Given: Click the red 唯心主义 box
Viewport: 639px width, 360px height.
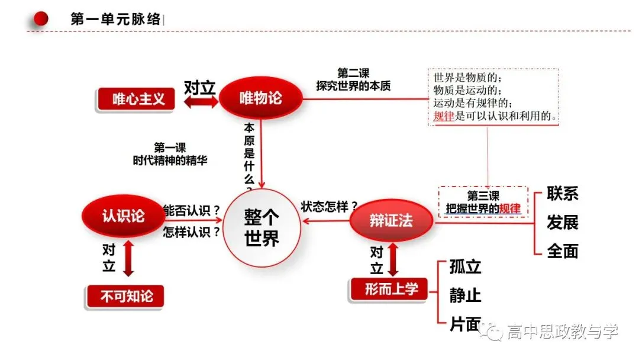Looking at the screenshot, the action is click(136, 99).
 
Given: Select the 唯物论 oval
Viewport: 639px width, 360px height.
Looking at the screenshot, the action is click(261, 98).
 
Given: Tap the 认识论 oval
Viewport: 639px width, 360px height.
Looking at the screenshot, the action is click(124, 216).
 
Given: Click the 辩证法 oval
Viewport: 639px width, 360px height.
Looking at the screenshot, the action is click(391, 220).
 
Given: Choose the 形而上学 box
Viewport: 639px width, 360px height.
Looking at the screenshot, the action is click(390, 290).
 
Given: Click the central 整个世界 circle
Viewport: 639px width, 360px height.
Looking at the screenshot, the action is click(262, 227).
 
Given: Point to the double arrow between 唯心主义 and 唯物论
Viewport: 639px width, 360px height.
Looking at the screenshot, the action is click(201, 102).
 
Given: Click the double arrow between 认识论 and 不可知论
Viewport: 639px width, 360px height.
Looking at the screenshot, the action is click(128, 259).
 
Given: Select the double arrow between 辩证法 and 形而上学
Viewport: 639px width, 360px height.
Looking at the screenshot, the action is click(393, 260).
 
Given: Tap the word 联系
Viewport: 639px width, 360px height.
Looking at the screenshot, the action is click(563, 193).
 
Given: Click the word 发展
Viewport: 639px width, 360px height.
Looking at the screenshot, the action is click(563, 223).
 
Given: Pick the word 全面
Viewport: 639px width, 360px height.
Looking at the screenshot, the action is click(563, 251).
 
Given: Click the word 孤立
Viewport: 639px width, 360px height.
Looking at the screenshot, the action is click(466, 266).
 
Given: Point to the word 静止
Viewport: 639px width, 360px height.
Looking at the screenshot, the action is click(466, 295).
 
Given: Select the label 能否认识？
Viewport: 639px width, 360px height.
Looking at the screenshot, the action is click(192, 211).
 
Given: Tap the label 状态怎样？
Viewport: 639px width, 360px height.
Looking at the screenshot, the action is click(330, 206).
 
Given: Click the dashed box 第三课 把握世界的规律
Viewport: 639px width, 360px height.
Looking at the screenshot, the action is click(483, 202).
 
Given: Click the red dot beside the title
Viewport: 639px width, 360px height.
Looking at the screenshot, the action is click(41, 18).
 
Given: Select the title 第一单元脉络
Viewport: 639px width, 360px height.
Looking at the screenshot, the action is click(116, 19).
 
